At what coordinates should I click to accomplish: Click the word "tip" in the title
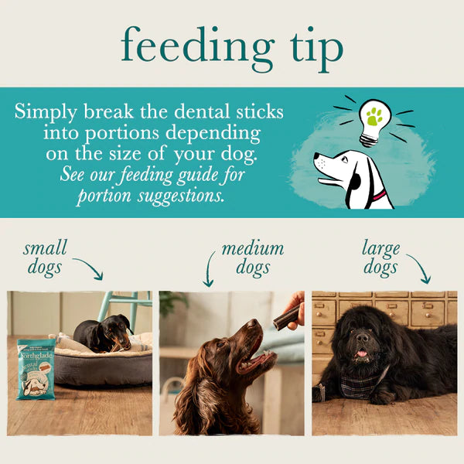pyautogui.click(x=314, y=48)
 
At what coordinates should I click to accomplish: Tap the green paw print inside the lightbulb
pyautogui.click(x=375, y=117)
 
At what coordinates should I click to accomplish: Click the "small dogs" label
pyautogui.click(x=45, y=258)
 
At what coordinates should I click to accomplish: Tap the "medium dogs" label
pyautogui.click(x=252, y=258)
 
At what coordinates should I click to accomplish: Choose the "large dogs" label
pyautogui.click(x=380, y=258)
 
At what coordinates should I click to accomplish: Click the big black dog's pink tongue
pyautogui.click(x=361, y=355)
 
